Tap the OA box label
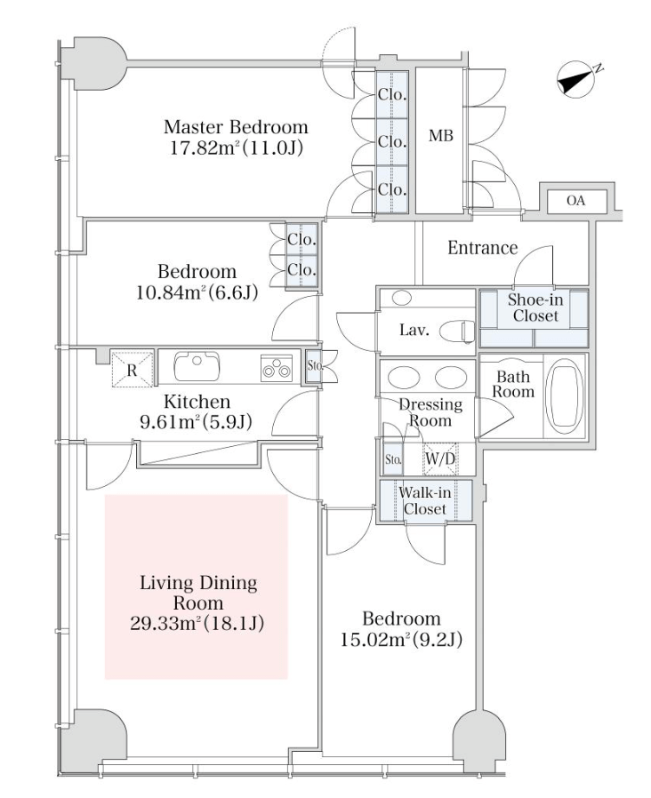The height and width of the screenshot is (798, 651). (x=575, y=202)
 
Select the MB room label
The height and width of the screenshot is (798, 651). (x=440, y=136)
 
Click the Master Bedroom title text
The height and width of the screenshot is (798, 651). (x=236, y=127)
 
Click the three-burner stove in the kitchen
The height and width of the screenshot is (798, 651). (x=277, y=366)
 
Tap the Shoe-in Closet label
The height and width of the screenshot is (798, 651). (x=534, y=307)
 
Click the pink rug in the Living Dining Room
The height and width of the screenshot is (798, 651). (x=197, y=587)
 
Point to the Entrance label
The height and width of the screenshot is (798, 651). (x=482, y=248)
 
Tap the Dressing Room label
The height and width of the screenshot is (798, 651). (x=430, y=412)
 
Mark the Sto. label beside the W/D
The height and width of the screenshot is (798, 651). (x=393, y=459)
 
